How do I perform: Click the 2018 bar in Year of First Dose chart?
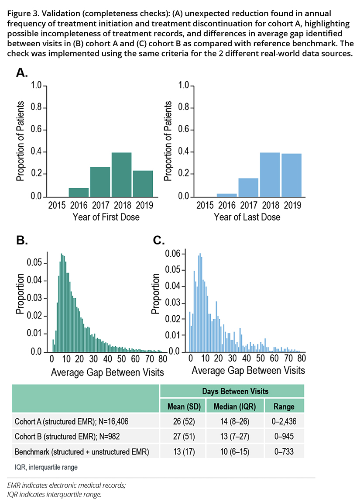pos(121,175)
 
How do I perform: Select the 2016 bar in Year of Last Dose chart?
pos(227,195)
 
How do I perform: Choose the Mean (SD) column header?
pos(183,406)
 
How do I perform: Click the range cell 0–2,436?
pos(284,422)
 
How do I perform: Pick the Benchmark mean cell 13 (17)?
pos(183,452)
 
